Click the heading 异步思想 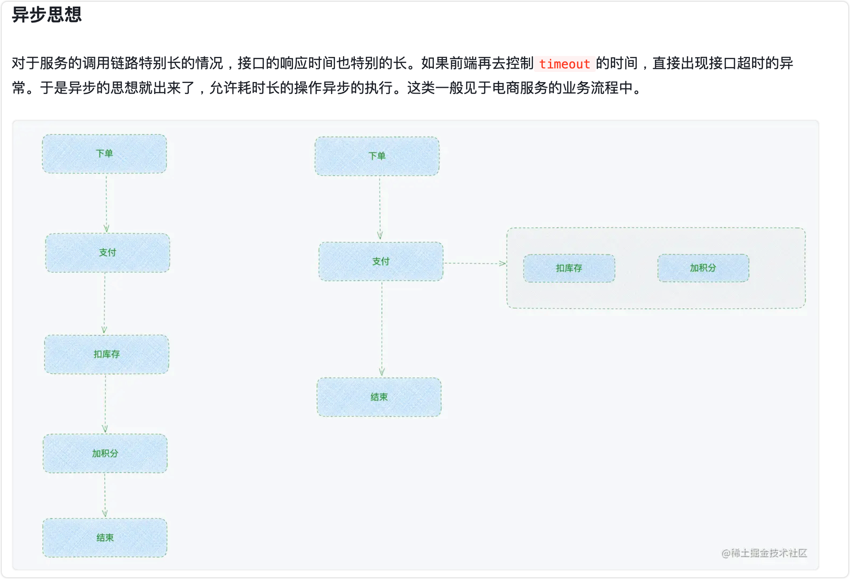click(x=47, y=15)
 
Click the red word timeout click(x=564, y=64)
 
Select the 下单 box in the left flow click(x=105, y=154)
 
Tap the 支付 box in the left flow click(x=108, y=252)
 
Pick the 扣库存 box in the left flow click(x=106, y=354)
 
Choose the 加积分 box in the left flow click(x=105, y=453)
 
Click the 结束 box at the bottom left click(x=105, y=538)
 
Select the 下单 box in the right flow click(x=377, y=156)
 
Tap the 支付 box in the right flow click(x=381, y=261)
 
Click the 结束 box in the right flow click(x=379, y=397)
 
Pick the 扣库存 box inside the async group click(x=569, y=268)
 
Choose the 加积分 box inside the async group click(x=703, y=268)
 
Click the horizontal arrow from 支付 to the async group click(x=474, y=263)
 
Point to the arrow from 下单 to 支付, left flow click(x=106, y=203)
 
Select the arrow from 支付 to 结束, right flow click(x=382, y=329)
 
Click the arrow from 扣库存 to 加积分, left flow click(x=105, y=404)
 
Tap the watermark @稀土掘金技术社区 click(x=764, y=553)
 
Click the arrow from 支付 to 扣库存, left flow click(x=105, y=303)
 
